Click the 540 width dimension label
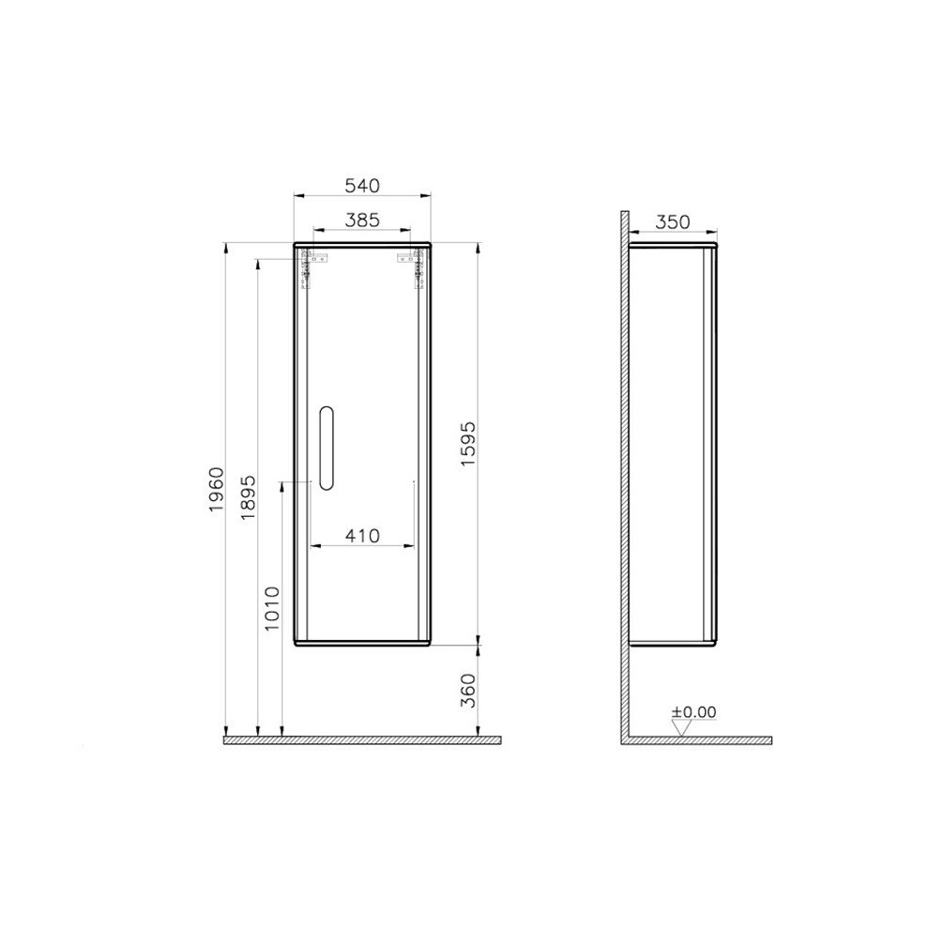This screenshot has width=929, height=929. [362, 185]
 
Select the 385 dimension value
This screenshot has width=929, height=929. [362, 220]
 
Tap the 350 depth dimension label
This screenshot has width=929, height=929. [672, 221]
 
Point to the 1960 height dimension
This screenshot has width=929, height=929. [217, 488]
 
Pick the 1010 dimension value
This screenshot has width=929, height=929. [272, 608]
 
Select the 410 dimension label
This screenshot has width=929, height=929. [362, 536]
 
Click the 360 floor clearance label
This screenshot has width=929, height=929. [469, 690]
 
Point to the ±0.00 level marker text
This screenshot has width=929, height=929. [693, 712]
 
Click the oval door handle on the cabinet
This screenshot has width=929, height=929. [325, 449]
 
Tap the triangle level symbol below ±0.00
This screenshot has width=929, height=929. [681, 727]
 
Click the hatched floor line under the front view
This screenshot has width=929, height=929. [361, 740]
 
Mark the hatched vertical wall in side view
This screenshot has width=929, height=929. [624, 469]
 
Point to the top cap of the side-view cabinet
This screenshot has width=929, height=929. [672, 246]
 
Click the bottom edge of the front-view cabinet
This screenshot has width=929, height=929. [362, 645]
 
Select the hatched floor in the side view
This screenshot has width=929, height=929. [699, 740]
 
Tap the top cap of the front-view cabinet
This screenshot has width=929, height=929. [362, 245]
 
